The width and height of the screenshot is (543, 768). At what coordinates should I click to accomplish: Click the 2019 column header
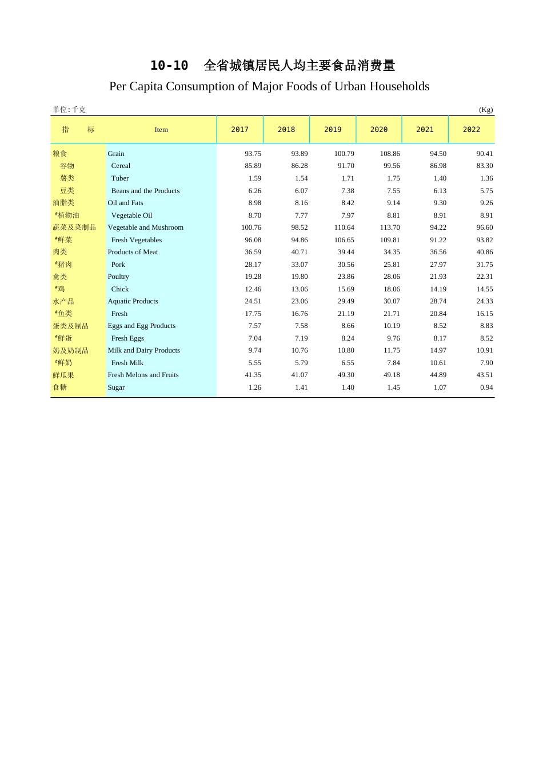pos(333,130)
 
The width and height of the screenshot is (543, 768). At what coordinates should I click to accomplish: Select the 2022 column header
pos(472,130)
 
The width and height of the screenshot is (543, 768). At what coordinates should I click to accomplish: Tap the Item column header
pos(161,130)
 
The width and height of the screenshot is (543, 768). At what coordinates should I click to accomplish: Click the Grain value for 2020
pos(390,154)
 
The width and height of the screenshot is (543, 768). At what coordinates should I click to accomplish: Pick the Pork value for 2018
pos(300,265)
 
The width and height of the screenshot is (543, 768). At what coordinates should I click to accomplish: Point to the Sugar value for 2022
pos(486,387)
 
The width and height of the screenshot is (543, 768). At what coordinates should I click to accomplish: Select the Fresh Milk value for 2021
pos(438,363)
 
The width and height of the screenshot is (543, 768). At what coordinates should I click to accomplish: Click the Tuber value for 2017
pos(255,178)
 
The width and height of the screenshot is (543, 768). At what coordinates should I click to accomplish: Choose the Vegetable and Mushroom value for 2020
pos(390,227)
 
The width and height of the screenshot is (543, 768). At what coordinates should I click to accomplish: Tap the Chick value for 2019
pos(346,289)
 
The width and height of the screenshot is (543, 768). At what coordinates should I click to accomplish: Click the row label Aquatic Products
pos(133,301)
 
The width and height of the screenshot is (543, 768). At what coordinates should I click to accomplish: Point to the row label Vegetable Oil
pos(131,215)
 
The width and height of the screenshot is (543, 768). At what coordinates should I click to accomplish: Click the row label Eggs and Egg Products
pos(141,326)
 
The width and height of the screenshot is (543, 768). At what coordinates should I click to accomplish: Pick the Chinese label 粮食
pos(60,154)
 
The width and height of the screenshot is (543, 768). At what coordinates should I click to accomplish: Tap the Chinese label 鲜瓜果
pos(63,375)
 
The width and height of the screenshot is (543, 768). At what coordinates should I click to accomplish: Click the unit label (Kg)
pos(486,110)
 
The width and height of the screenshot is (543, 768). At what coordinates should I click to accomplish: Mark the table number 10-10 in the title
pos(169,66)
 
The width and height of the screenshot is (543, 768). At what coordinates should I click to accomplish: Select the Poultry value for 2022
pos(485,277)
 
